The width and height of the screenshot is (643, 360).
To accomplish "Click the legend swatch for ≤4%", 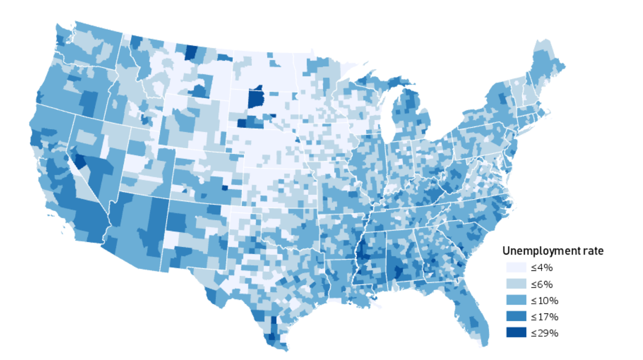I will point(516,267).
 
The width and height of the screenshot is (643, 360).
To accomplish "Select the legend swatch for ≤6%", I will point(516,284).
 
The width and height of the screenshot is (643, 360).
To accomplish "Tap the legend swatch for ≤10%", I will point(516,300).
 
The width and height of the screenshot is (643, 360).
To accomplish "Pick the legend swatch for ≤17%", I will point(516,317).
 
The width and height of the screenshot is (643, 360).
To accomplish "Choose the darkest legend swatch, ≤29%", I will point(516,332).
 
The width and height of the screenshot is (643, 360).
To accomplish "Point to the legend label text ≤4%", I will point(542,267).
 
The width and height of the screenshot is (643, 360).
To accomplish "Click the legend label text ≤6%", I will point(542,284).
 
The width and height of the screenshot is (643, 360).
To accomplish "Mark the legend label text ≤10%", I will point(544,300).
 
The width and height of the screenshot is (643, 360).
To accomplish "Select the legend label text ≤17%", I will point(544,317).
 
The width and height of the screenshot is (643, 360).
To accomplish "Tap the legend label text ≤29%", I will point(544,333).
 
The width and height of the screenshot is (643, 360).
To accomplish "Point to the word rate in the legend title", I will point(593,251).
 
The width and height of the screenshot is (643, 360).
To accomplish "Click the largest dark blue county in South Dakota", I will point(255,98).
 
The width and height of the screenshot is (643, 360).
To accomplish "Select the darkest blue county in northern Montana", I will point(191,53).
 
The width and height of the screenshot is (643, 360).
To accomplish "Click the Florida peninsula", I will point(472,312).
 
